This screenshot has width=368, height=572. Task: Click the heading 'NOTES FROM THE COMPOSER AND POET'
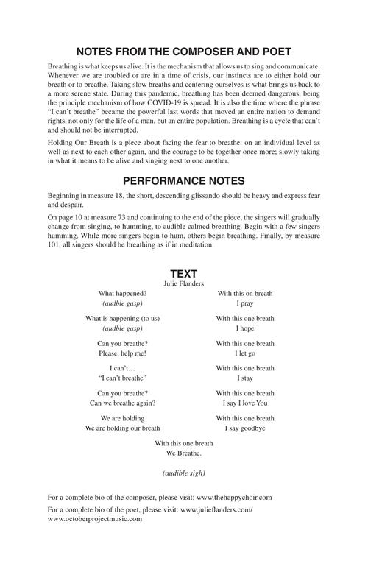click(x=184, y=52)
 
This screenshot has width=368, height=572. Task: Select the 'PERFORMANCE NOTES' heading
click(x=184, y=180)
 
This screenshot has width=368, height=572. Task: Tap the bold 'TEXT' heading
click(x=184, y=273)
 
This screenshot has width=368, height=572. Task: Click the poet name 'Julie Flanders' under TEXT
click(x=184, y=283)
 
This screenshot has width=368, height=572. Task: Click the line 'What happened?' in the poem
click(x=122, y=293)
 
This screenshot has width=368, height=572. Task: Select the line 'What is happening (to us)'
click(x=122, y=318)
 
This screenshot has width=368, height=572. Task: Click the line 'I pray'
click(x=245, y=303)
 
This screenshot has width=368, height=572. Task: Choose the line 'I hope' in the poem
click(x=245, y=328)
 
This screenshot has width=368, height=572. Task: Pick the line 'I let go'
click(x=245, y=353)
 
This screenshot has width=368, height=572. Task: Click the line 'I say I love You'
click(x=245, y=403)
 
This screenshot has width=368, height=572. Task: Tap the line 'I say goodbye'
click(x=245, y=428)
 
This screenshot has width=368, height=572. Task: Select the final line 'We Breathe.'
click(x=184, y=453)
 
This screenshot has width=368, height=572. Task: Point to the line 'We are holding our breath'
click(x=122, y=428)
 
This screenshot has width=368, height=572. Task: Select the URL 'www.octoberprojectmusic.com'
click(x=94, y=519)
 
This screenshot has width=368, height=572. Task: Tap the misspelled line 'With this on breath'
click(x=245, y=293)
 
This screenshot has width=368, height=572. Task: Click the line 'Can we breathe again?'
click(x=122, y=403)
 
